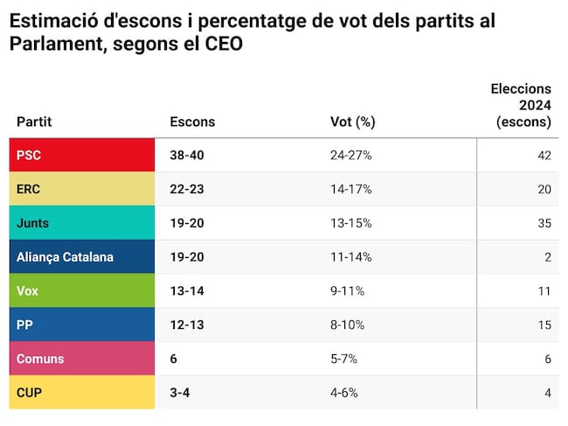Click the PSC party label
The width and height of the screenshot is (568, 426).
(x=29, y=155)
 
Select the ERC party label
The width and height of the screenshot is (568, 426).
(x=29, y=189)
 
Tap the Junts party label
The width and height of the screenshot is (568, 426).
(x=32, y=223)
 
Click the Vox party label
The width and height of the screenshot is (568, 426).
(x=28, y=291)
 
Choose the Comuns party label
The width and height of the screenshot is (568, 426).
(x=40, y=359)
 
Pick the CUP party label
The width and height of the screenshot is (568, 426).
(x=29, y=393)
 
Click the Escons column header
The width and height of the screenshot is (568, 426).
(x=192, y=122)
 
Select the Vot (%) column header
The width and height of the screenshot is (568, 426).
(x=352, y=122)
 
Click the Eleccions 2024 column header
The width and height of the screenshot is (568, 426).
(x=521, y=105)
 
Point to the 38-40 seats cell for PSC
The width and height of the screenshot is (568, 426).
(x=188, y=155)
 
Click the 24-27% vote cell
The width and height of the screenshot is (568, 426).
(x=350, y=155)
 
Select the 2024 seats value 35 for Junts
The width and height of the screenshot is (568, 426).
(x=544, y=223)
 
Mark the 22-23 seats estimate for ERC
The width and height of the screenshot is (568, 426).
(x=188, y=189)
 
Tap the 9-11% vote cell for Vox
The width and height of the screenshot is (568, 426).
(x=349, y=291)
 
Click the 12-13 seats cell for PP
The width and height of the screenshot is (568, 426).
(x=187, y=325)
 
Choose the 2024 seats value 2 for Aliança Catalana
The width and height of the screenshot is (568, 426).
(x=547, y=257)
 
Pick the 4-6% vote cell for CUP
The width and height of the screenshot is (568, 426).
(x=344, y=393)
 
